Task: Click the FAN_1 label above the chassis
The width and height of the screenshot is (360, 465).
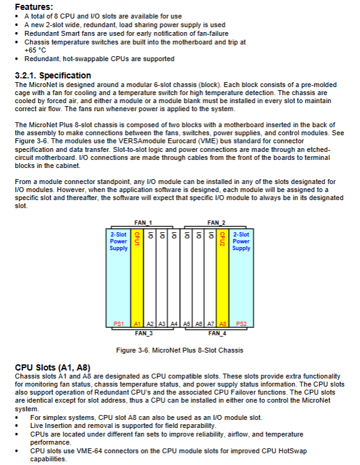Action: (x=143, y=223)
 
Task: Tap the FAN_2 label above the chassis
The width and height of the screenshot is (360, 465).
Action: (x=216, y=223)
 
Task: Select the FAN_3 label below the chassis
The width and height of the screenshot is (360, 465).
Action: (x=143, y=333)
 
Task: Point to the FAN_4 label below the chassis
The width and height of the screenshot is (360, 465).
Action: (x=217, y=333)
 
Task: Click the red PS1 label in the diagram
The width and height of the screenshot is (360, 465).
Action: (x=119, y=324)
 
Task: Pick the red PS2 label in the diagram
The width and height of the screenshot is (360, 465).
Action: (x=241, y=324)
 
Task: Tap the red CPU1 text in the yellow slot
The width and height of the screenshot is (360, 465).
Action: (x=137, y=239)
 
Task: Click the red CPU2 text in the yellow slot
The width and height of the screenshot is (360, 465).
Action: (x=222, y=239)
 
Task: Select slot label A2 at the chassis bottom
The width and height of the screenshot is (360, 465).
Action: (x=150, y=324)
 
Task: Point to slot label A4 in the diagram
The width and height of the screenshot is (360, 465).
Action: (x=174, y=324)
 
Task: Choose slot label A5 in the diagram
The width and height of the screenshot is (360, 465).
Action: (x=186, y=324)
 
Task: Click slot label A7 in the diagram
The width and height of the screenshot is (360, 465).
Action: (x=211, y=324)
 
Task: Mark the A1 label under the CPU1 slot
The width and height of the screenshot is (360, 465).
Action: (x=137, y=324)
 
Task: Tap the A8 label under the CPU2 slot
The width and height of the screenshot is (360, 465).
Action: (x=222, y=324)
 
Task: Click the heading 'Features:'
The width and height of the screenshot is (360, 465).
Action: (x=34, y=7)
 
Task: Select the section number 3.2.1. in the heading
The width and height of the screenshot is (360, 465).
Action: (x=26, y=75)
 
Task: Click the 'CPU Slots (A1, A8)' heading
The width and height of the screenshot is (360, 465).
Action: (x=52, y=367)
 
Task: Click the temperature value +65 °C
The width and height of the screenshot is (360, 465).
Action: (x=35, y=50)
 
